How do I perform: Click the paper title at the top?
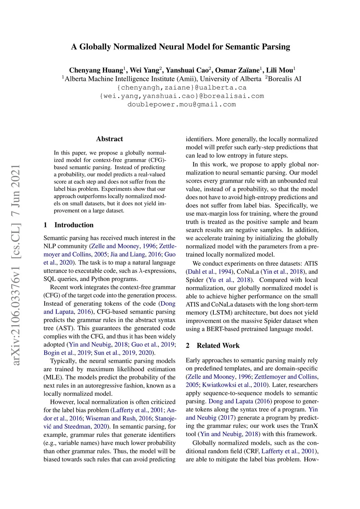(x=180, y=47)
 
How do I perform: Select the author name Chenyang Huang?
(x=96, y=70)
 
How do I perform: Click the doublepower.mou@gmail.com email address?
(x=181, y=104)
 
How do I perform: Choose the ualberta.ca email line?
(x=181, y=88)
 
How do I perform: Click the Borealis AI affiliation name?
(x=284, y=79)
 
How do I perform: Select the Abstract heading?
(x=109, y=139)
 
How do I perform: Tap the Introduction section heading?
(x=74, y=225)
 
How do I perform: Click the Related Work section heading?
(x=218, y=346)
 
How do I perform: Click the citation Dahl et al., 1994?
(x=208, y=272)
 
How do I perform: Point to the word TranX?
(x=309, y=426)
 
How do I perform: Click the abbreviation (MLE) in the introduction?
(x=53, y=378)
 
